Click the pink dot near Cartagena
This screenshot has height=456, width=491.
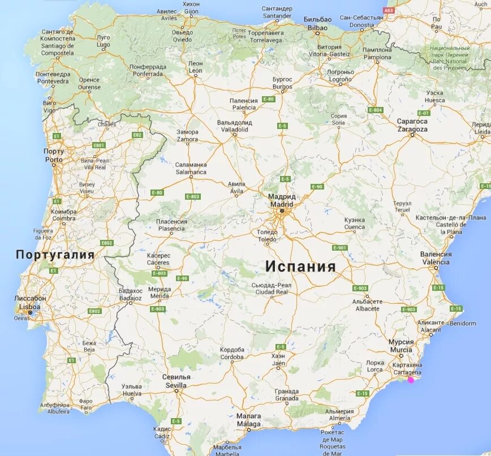point(411,379)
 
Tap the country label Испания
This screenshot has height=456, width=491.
point(300,266)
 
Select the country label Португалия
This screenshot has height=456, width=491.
point(55,255)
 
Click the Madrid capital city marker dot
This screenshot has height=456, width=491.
point(281,211)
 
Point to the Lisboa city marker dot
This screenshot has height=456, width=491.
point(30,312)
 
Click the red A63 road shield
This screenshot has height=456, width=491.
point(389,10)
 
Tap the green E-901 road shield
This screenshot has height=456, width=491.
point(339,248)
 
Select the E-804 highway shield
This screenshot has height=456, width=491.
point(375,110)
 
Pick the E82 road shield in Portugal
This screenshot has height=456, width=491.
point(137,135)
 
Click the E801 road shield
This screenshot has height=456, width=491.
point(100,145)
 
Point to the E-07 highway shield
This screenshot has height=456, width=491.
point(423,113)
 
